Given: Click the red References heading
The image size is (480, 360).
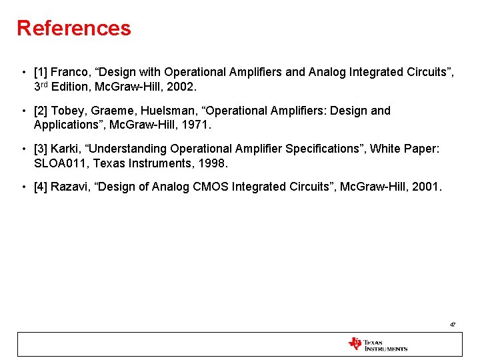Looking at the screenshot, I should tap(74, 29).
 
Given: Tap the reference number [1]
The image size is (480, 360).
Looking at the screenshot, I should tap(41, 72).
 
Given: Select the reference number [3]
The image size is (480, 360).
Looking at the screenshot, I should tap(41, 149).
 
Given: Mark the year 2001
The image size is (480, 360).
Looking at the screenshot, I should tap(426, 187).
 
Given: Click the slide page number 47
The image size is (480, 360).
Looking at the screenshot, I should tap(452, 325).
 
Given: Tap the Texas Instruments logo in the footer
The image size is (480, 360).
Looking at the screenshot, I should tap(377, 344).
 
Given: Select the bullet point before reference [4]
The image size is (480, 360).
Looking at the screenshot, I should tap(23, 187).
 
